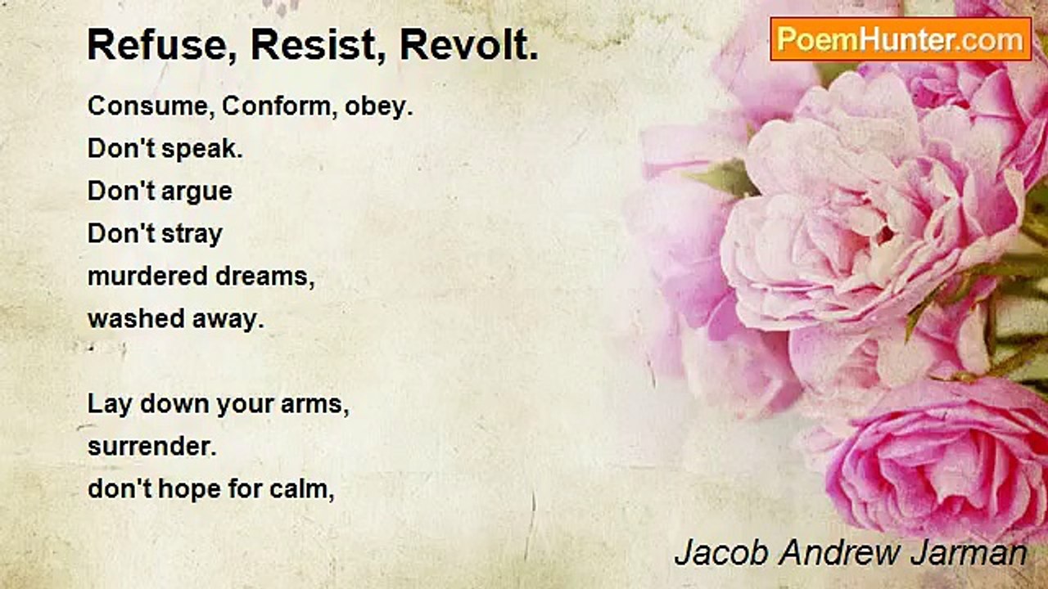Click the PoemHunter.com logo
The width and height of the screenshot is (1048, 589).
(901, 38)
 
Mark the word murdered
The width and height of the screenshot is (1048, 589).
(147, 277)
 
